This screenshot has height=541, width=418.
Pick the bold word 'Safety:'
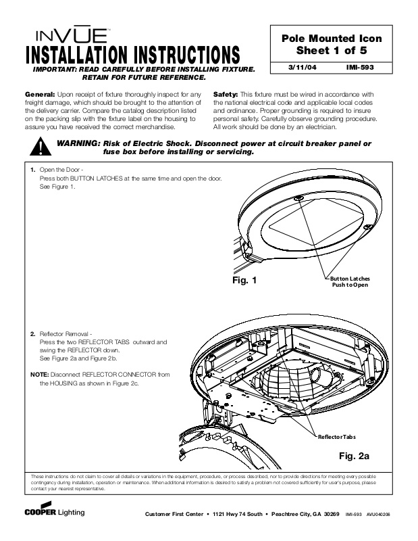226,94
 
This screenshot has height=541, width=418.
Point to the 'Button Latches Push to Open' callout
350,282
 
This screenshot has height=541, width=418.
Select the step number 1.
33,170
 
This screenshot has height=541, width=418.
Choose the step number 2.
33,334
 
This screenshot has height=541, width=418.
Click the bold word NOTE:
38,374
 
